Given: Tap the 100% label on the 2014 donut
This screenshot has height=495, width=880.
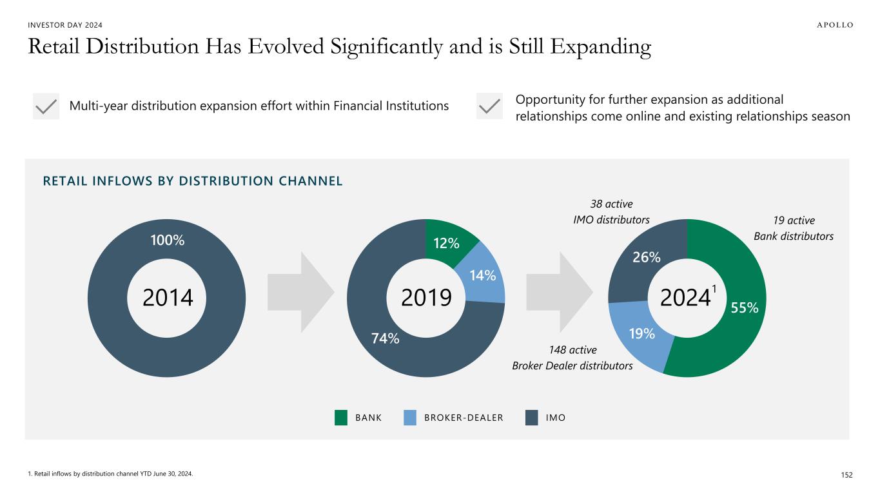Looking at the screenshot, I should coord(168,240).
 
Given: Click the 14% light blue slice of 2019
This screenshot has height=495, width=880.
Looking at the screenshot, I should coord(482,275).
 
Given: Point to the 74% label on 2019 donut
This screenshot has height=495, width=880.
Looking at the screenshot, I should coord(385,338).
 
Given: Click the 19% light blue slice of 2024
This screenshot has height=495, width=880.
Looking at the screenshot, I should coord(641,334).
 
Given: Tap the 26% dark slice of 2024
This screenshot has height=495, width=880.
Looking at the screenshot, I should coord(646,257).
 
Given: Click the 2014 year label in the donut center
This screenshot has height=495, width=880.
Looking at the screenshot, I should coord(168,298).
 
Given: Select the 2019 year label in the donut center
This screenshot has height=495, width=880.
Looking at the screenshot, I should coord(426,298).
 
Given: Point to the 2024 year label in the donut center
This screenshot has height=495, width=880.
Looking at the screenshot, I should coord(685,298).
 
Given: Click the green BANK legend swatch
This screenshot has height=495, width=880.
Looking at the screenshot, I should coord(341,418).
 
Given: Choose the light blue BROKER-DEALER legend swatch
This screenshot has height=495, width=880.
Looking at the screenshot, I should coord(410,418).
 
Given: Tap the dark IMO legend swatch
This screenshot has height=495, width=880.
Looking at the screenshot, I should coord(531,418).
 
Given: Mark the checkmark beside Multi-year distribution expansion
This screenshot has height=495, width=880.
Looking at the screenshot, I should coord(46,106).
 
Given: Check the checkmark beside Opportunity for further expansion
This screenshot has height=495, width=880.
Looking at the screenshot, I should coord(489,106).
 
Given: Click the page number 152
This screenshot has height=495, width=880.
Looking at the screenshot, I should coord(846,474).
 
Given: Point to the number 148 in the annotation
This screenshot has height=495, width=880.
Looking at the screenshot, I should coord(558,350).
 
